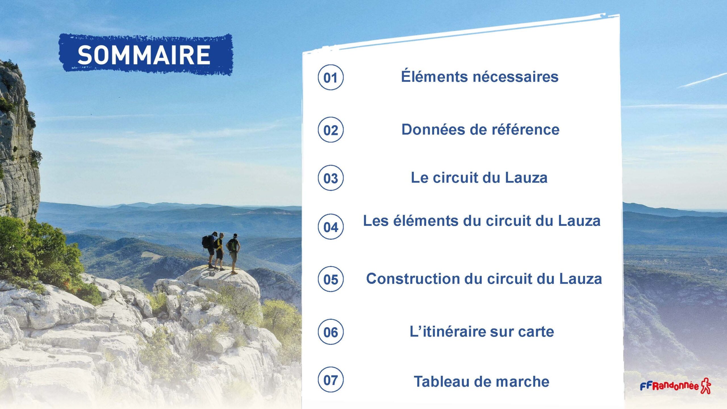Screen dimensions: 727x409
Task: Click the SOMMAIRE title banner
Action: [146, 55]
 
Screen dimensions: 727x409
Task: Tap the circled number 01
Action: [331, 77]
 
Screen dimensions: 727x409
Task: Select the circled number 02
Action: [331, 130]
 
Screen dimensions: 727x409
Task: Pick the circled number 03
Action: [331, 178]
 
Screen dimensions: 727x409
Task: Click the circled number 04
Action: [331, 227]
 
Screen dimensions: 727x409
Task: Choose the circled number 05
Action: [331, 279]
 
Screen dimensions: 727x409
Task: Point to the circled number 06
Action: [331, 332]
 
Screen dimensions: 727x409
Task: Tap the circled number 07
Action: [331, 380]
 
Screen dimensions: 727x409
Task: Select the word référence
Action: [525, 130]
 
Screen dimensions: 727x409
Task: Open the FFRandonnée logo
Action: [675, 386]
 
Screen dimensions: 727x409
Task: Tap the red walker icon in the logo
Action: [706, 386]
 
